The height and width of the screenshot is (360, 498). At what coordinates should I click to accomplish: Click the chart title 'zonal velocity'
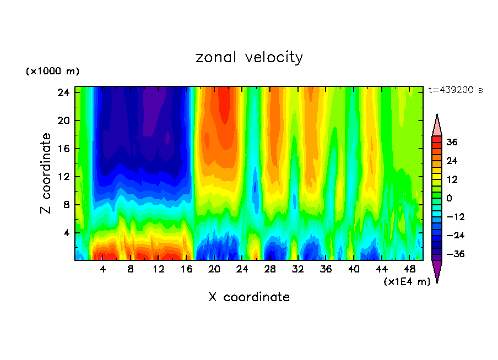pyautogui.click(x=249, y=57)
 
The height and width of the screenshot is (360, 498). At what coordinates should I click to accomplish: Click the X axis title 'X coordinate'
pyautogui.click(x=249, y=297)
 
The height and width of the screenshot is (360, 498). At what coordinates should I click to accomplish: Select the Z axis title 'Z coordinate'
pyautogui.click(x=46, y=173)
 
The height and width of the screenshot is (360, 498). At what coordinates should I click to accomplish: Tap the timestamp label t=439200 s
pyautogui.click(x=455, y=90)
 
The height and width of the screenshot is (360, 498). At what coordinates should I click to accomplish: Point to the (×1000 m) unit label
pyautogui.click(x=52, y=72)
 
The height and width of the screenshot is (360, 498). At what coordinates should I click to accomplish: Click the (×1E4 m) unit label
pyautogui.click(x=407, y=282)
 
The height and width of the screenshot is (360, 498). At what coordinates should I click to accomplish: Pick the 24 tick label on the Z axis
pyautogui.click(x=62, y=92)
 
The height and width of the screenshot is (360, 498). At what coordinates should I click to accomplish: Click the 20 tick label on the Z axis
pyautogui.click(x=62, y=121)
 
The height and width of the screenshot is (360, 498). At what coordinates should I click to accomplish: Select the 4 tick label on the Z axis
pyautogui.click(x=65, y=233)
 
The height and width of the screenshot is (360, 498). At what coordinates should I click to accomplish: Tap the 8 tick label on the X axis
pyautogui.click(x=131, y=270)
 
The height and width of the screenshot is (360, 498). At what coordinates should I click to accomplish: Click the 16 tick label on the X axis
pyautogui.click(x=186, y=270)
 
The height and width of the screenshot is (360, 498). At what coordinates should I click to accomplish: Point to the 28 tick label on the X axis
pyautogui.click(x=270, y=270)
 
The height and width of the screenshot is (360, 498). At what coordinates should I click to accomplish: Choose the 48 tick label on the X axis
pyautogui.click(x=409, y=270)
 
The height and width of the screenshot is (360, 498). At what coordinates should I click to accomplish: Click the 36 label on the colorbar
pyautogui.click(x=452, y=142)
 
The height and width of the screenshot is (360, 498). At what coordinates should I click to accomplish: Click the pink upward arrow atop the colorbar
pyautogui.click(x=437, y=125)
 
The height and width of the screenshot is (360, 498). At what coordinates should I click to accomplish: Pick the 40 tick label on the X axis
pyautogui.click(x=354, y=270)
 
